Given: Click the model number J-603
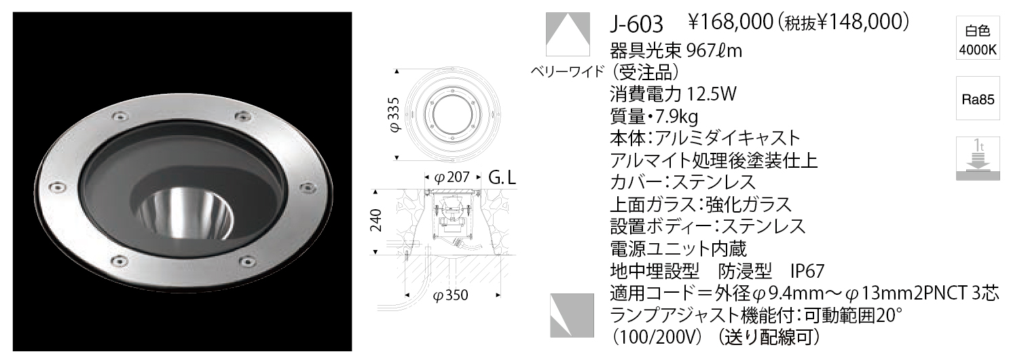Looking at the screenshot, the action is click(x=636, y=24).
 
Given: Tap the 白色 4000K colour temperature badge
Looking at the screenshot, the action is click(x=978, y=41).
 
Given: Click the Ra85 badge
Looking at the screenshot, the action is click(x=978, y=99).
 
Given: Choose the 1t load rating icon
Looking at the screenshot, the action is click(x=978, y=160).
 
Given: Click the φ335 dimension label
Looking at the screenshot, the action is click(x=394, y=114).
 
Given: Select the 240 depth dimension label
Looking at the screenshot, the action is click(x=375, y=220).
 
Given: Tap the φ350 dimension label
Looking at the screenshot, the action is click(x=450, y=295).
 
